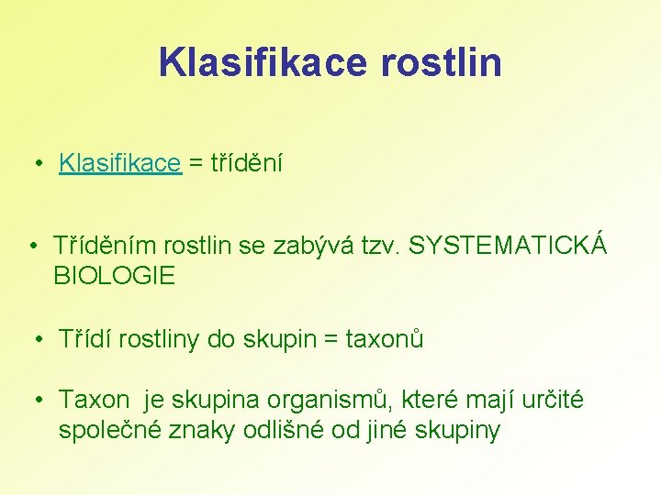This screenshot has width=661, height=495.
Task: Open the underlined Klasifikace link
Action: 120,164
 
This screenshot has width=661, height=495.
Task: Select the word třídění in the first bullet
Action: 247,164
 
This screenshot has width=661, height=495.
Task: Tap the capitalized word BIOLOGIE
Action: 115,275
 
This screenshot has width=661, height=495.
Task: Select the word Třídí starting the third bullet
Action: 84,340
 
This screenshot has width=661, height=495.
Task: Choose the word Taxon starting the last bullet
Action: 95,401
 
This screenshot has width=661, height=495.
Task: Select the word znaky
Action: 207,429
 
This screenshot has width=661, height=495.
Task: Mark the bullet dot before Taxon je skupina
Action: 42,401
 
